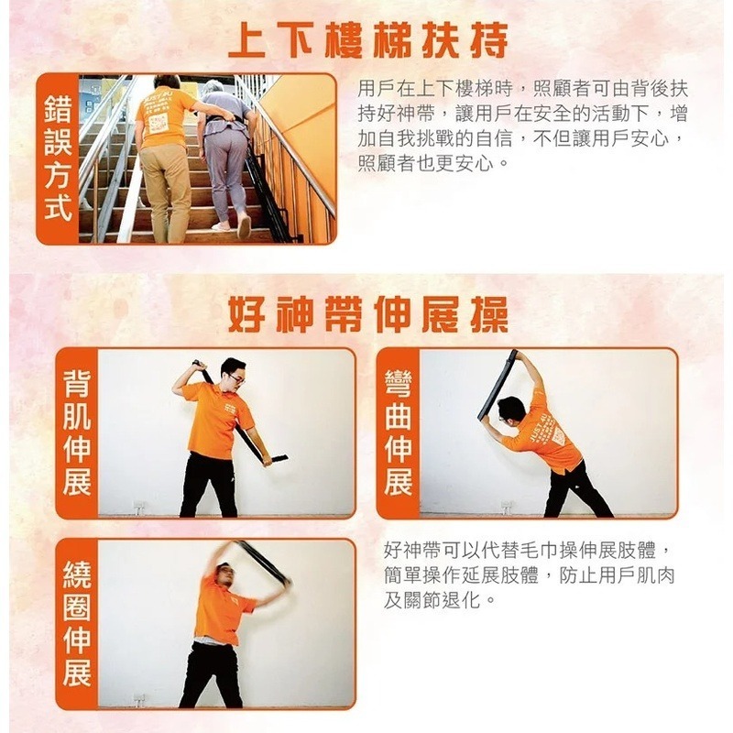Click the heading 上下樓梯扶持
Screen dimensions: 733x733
click(367, 40)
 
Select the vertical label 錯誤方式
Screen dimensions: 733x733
click(57, 159)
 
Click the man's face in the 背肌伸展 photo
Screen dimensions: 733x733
click(235, 375)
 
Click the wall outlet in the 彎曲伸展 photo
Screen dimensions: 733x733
click(507, 506)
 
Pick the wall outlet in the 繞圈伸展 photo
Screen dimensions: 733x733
click(139, 699)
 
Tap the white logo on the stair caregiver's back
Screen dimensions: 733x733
click(159, 122)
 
